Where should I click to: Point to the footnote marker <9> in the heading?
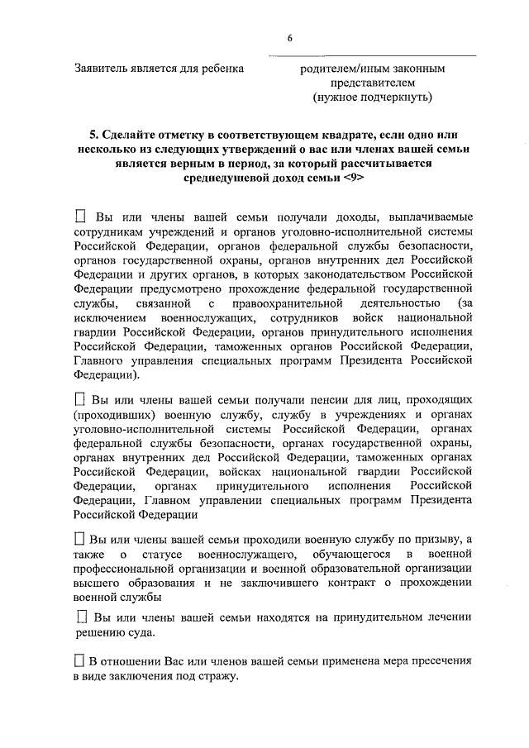350,177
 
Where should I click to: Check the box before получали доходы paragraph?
80,216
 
